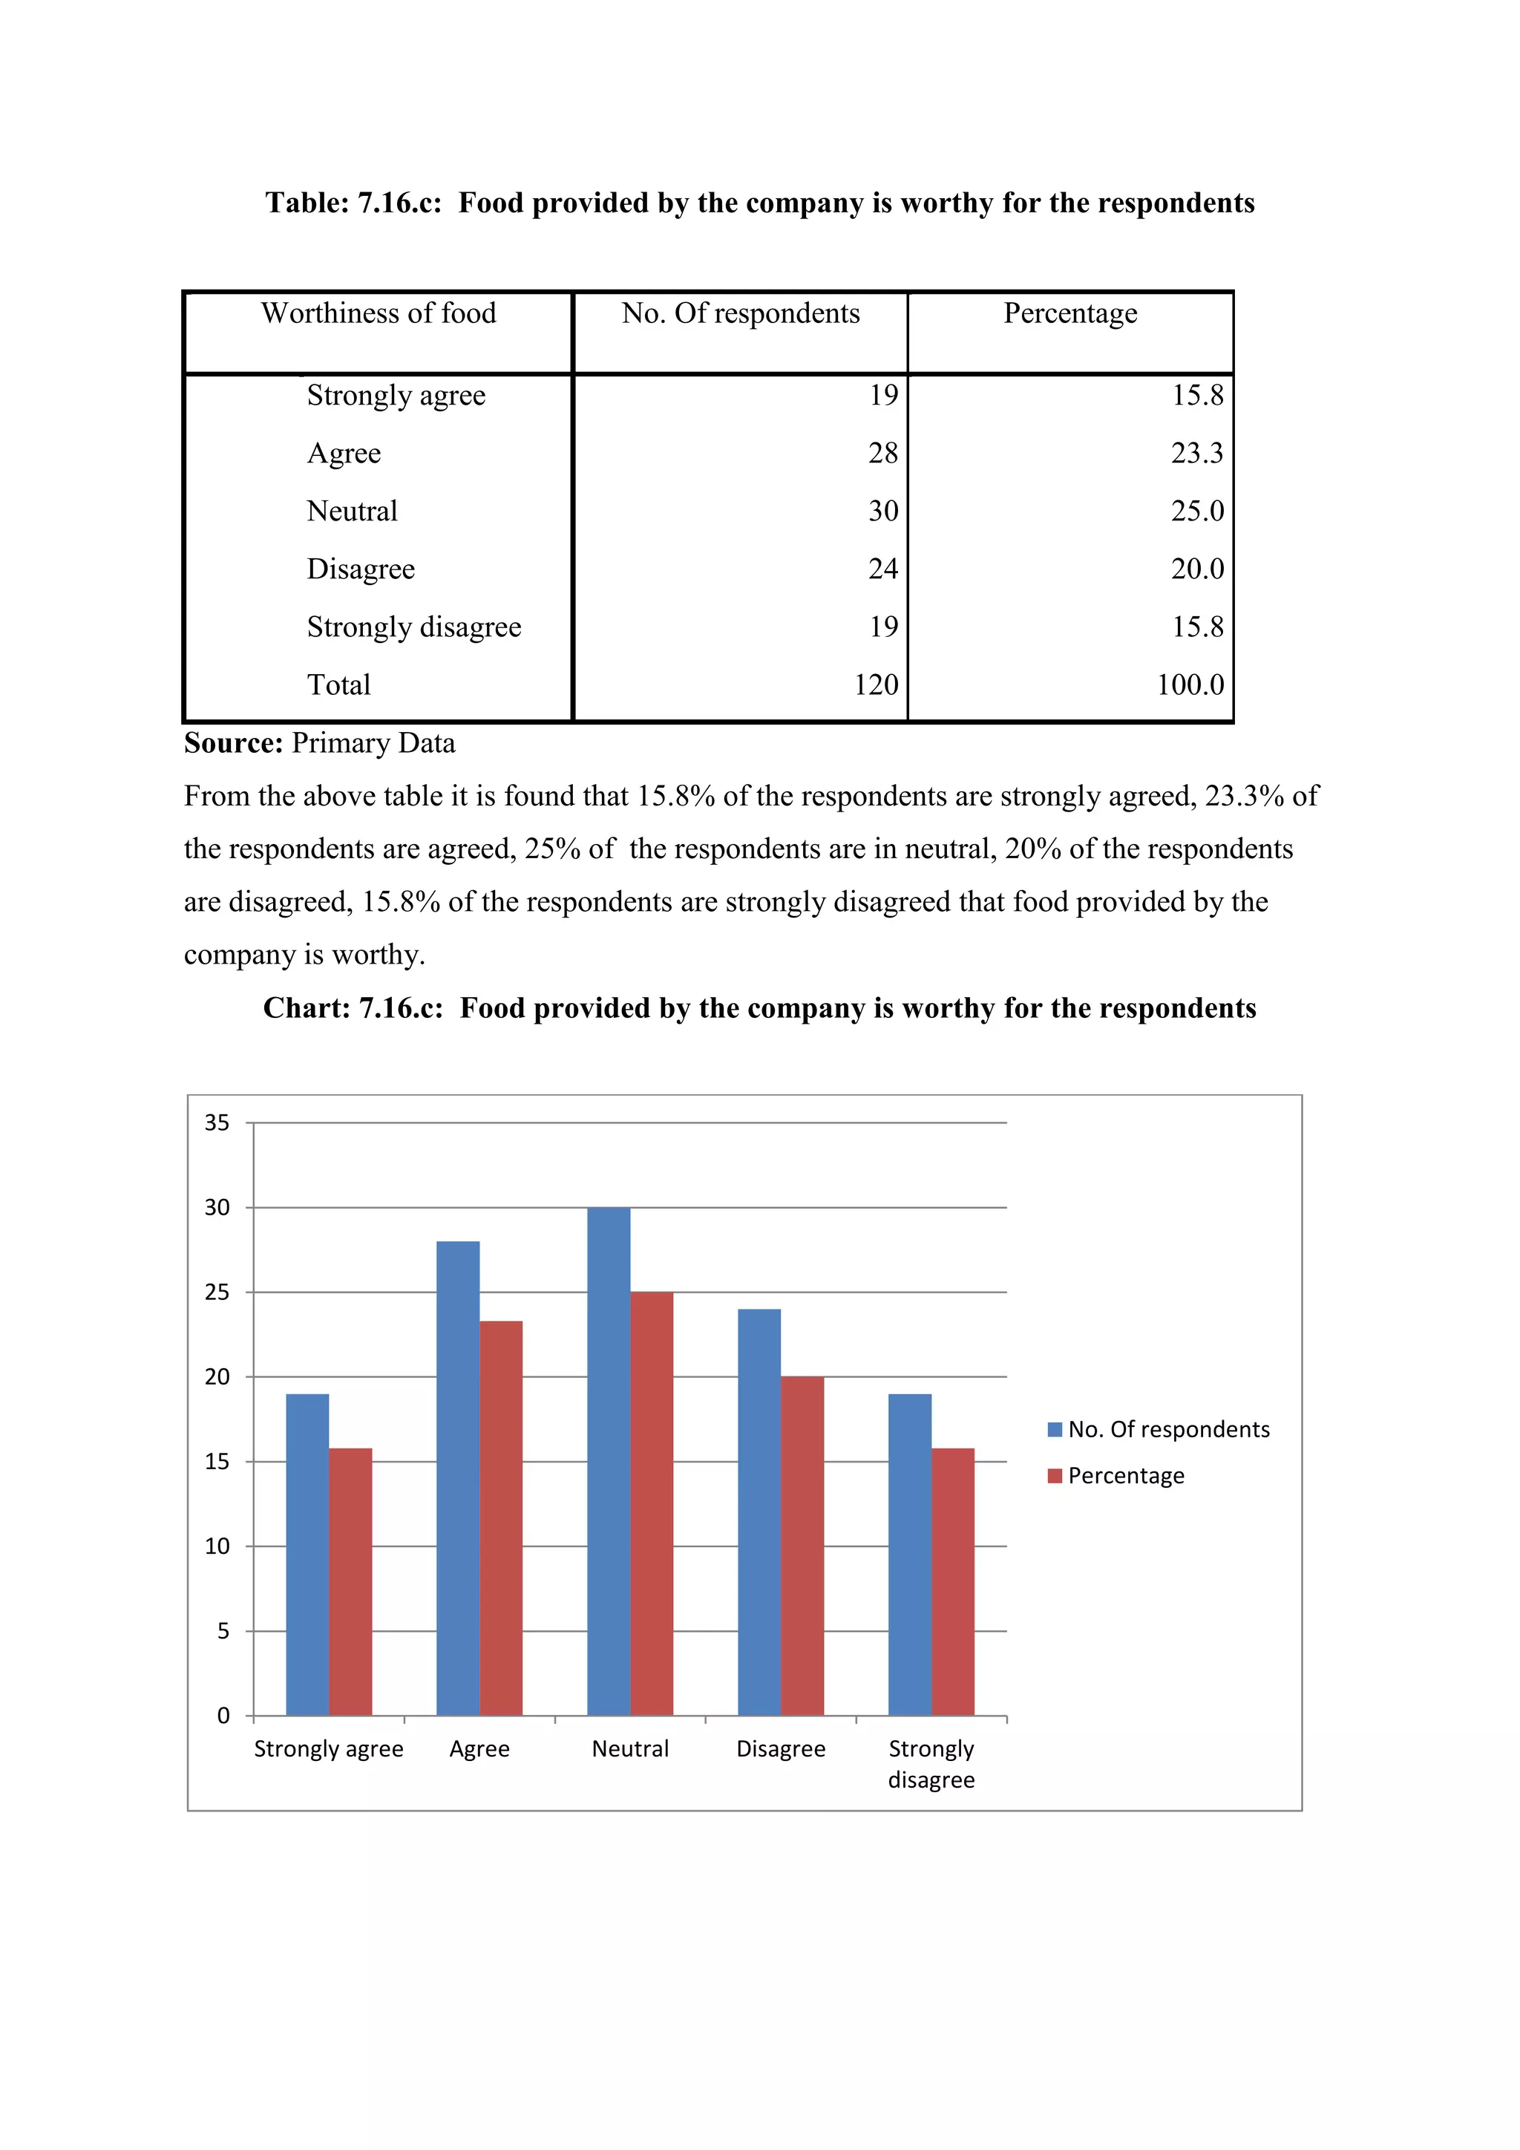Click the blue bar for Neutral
[x=609, y=1461]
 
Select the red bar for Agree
[x=501, y=1517]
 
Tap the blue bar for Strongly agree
[x=307, y=1555]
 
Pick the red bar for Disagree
[x=802, y=1545]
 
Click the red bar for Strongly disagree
[x=953, y=1583]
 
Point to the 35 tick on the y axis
[x=217, y=1123]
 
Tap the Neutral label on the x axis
[x=630, y=1749]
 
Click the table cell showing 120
[x=875, y=684]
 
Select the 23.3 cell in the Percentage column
[x=1196, y=453]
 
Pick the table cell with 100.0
[x=1190, y=684]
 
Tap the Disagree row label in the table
[x=361, y=569]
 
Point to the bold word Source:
[x=233, y=743]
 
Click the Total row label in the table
[x=339, y=684]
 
